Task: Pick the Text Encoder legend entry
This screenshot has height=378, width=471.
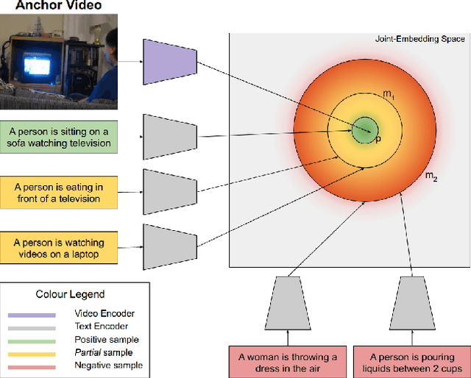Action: [x=101, y=326]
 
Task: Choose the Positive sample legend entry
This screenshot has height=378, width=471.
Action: [x=106, y=339]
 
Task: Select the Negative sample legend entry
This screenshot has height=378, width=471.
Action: [x=108, y=365]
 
